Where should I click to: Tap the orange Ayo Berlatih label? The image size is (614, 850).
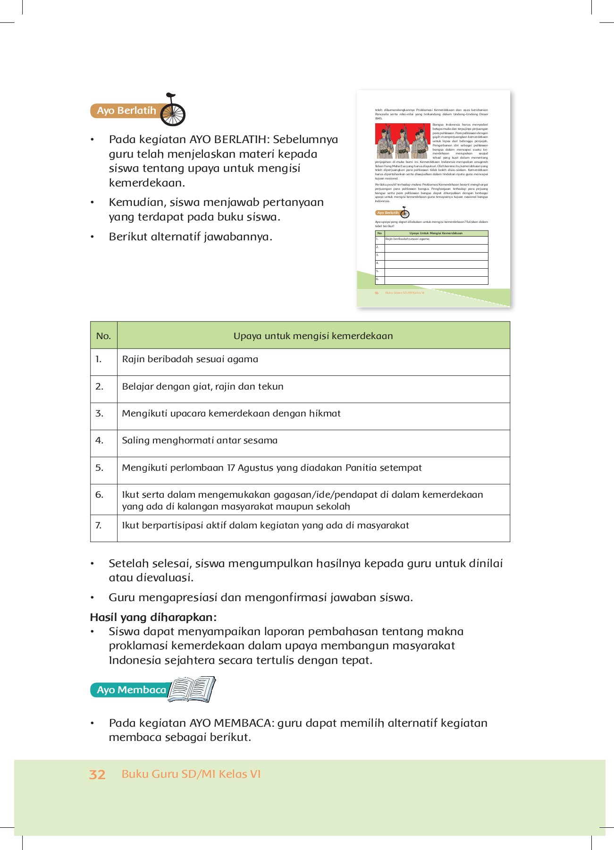126,111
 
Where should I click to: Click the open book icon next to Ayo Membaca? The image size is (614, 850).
192,689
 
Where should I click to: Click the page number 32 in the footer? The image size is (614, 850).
97,774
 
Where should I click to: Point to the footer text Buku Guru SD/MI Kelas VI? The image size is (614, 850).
191,774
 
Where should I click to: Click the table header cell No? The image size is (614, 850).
103,336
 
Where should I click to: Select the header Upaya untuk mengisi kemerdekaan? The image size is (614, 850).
313,336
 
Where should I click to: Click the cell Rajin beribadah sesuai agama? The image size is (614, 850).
190,359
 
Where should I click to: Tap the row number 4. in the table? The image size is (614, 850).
99,440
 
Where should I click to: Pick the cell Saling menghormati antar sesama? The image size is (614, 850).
199,440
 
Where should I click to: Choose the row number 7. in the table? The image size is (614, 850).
99,525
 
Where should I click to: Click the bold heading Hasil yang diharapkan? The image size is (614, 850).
153,617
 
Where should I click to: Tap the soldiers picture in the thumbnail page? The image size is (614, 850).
402,141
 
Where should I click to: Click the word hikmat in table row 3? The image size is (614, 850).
325,413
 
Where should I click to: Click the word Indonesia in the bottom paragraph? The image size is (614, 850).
135,660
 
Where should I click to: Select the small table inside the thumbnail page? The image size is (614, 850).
431,257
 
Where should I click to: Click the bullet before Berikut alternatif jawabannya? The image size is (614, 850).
93,237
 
